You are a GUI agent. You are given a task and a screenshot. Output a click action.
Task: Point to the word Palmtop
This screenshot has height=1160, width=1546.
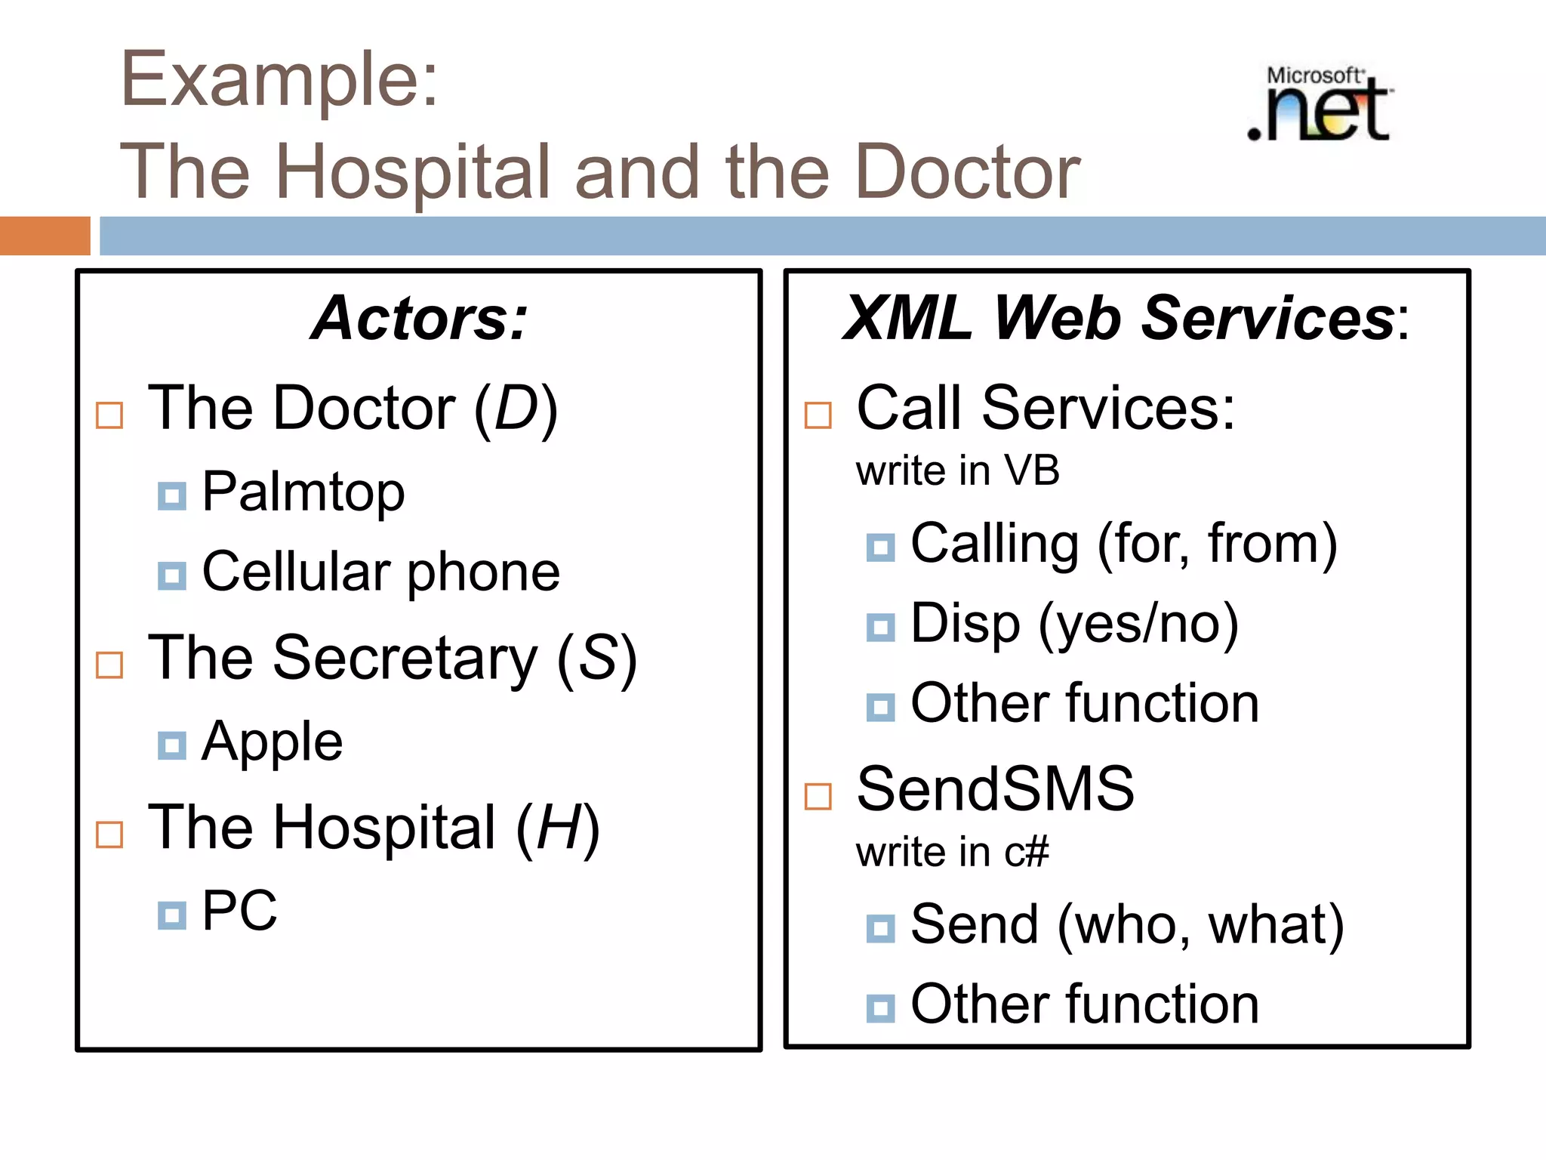(303, 492)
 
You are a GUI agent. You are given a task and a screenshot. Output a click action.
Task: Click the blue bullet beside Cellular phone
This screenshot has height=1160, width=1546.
(171, 575)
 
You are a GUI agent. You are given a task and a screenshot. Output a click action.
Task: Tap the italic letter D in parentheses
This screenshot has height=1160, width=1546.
(516, 409)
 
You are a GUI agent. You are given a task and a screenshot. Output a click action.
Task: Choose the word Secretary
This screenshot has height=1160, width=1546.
(405, 659)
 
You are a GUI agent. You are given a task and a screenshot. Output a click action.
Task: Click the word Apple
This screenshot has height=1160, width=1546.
(272, 742)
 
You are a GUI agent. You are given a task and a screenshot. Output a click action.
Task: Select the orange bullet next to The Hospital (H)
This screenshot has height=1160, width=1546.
(109, 835)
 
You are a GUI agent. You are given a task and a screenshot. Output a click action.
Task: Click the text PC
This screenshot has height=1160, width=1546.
(239, 911)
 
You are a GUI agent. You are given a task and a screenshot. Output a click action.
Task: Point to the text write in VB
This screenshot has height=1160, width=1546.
(957, 471)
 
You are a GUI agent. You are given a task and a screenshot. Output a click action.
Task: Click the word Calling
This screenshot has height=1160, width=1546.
(994, 544)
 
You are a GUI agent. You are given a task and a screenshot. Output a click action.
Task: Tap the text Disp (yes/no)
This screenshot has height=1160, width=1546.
(1074, 625)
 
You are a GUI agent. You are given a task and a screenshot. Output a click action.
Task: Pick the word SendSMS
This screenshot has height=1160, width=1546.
(995, 789)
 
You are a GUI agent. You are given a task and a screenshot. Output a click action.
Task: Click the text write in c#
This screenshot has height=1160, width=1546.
(952, 853)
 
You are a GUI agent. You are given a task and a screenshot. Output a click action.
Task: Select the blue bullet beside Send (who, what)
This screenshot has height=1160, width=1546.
(880, 928)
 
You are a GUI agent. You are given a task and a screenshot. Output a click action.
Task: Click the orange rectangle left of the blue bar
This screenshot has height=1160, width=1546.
(45, 236)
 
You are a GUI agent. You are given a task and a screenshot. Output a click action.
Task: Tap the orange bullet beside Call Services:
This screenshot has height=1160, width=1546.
(818, 415)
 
